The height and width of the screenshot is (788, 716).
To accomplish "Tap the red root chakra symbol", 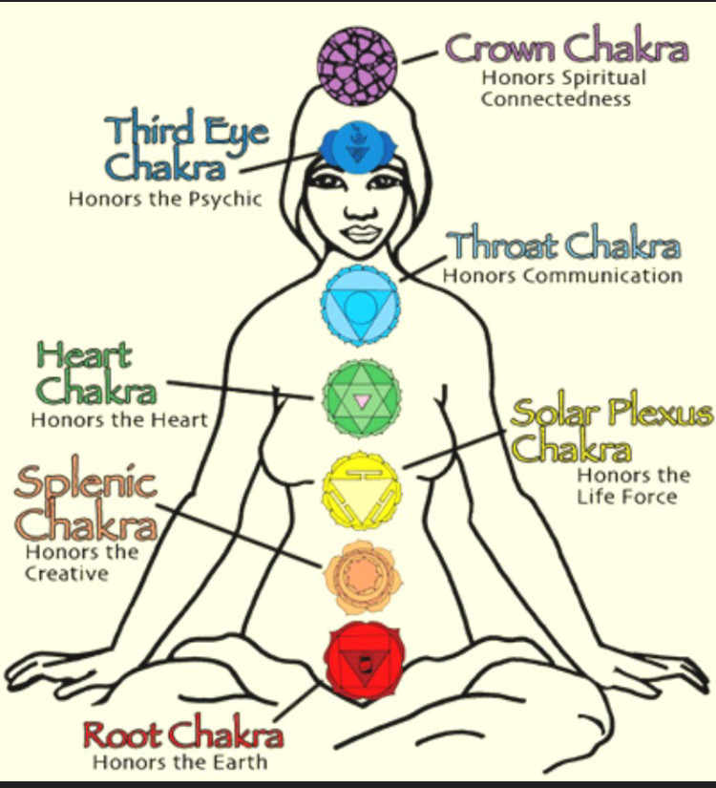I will (x=361, y=659).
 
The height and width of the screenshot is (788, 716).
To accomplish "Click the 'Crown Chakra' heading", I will (x=567, y=48).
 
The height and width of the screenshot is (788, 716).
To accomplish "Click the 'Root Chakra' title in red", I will (x=182, y=736).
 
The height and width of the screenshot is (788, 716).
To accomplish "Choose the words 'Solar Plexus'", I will (x=612, y=414).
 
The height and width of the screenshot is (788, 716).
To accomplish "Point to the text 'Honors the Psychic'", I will (x=165, y=200).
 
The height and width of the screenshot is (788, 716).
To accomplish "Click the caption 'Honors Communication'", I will (x=562, y=276).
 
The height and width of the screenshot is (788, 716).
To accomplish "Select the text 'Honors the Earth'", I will (x=179, y=762).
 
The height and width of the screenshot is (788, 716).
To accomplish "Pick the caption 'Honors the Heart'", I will (x=119, y=420).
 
